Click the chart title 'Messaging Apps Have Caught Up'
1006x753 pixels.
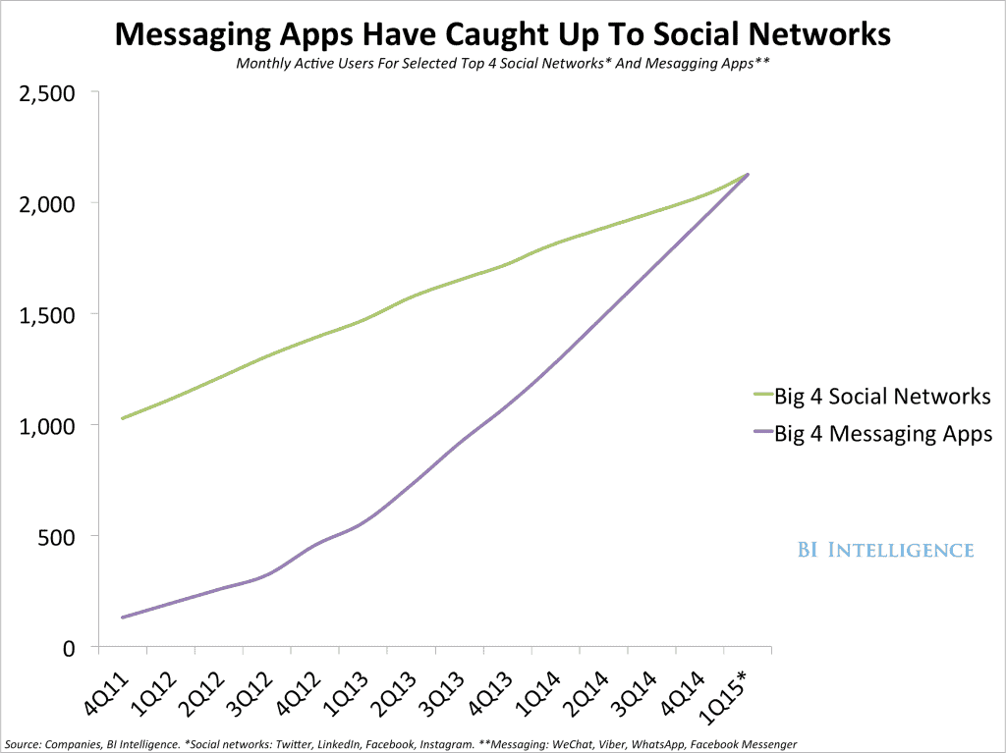click(x=503, y=36)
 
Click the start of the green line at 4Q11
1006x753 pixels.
click(x=122, y=418)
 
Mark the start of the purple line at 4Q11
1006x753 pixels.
click(x=122, y=618)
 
